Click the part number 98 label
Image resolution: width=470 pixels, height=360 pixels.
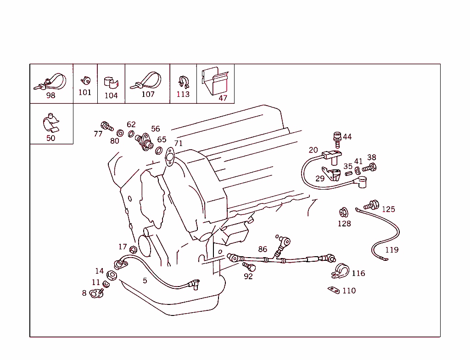(x=50, y=96)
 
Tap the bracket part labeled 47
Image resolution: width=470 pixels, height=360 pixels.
(x=215, y=81)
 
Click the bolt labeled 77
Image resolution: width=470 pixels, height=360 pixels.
(x=106, y=125)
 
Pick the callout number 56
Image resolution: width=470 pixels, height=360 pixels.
(x=156, y=129)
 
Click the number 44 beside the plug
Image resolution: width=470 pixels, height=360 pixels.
(x=347, y=137)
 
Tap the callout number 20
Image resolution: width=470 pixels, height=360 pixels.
(x=313, y=150)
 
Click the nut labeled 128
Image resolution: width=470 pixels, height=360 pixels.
(x=342, y=213)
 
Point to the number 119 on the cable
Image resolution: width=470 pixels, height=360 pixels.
(x=392, y=250)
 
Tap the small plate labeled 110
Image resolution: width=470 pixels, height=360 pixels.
(x=334, y=290)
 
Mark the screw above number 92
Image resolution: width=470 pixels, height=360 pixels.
(x=248, y=266)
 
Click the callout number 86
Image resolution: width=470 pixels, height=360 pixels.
(x=263, y=249)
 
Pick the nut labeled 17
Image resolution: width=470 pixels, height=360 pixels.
(x=134, y=249)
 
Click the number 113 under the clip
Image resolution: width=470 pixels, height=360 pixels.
(x=183, y=94)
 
